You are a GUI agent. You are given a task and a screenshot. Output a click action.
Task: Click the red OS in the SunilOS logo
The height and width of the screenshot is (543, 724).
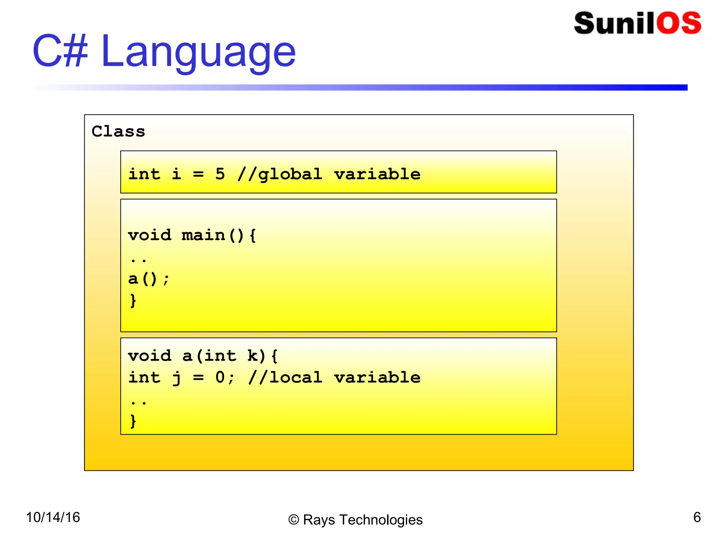pyautogui.click(x=679, y=23)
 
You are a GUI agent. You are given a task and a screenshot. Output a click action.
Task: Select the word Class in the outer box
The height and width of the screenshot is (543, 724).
pyautogui.click(x=118, y=131)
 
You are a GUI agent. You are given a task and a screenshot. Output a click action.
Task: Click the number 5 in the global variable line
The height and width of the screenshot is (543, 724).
pyautogui.click(x=220, y=174)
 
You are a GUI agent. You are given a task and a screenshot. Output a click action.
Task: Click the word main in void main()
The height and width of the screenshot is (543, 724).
pyautogui.click(x=203, y=235)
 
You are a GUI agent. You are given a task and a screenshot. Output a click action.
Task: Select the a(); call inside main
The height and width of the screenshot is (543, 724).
pyautogui.click(x=148, y=279)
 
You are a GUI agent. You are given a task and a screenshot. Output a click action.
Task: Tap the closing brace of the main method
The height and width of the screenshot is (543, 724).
pyautogui.click(x=133, y=300)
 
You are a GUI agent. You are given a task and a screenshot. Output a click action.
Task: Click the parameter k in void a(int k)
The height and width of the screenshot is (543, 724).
pyautogui.click(x=253, y=356)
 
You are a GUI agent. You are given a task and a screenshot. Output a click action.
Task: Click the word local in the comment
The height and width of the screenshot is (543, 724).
pyautogui.click(x=296, y=377)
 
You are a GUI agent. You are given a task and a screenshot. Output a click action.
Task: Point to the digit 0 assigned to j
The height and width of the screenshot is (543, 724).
pyautogui.click(x=220, y=377)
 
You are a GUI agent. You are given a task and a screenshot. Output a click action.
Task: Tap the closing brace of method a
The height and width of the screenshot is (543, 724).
pyautogui.click(x=133, y=421)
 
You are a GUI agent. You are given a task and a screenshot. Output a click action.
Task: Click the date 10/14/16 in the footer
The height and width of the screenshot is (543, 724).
pyautogui.click(x=53, y=517)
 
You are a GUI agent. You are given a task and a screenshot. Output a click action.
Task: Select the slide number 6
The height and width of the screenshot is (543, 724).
pyautogui.click(x=697, y=517)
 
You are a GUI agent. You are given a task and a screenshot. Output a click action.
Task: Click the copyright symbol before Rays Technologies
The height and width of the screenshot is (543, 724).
pyautogui.click(x=293, y=520)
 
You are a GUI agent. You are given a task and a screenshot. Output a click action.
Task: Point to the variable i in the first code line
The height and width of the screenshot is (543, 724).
pyautogui.click(x=176, y=174)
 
